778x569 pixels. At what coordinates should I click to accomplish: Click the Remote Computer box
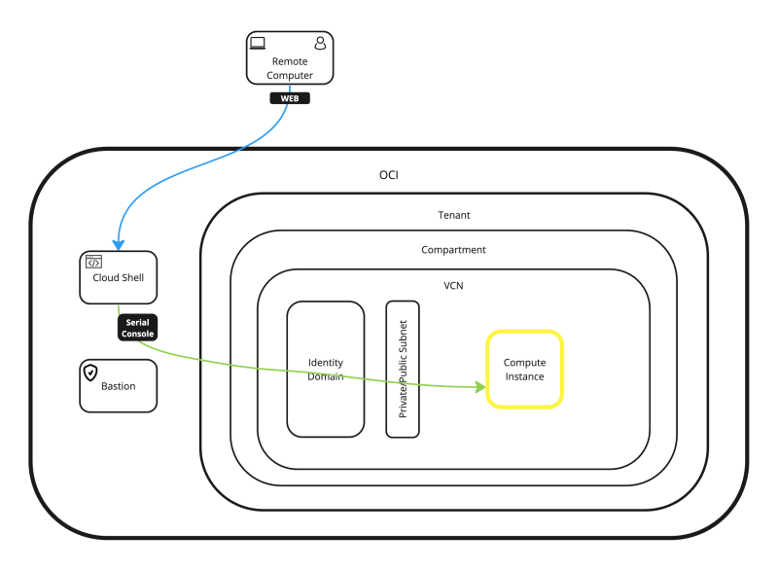pos(290,61)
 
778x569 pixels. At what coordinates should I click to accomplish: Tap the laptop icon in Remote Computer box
pos(258,43)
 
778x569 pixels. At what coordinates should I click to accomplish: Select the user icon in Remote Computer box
pos(320,43)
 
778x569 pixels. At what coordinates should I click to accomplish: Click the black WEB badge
pos(290,98)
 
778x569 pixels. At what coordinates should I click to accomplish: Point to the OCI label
pos(388,175)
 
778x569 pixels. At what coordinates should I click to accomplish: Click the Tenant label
pos(454,215)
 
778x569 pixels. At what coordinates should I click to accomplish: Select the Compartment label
pos(453,250)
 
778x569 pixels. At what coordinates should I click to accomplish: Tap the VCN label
pos(453,287)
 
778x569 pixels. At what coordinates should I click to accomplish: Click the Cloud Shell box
pos(118,277)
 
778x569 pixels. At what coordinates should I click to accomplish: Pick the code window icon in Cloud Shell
pos(93,262)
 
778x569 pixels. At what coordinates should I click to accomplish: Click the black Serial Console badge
pos(137,328)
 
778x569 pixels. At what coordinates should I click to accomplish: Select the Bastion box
pos(118,385)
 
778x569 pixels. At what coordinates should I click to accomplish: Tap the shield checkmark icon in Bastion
pos(91,372)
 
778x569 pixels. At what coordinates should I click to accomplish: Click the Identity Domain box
pos(325,370)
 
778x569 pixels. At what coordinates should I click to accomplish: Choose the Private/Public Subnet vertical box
pos(403,370)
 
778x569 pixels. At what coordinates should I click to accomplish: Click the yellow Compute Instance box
pos(524,370)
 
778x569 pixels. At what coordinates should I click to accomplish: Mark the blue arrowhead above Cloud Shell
pos(118,244)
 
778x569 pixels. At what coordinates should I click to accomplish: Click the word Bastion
pos(119,386)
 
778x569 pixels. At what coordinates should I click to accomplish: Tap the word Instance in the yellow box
pos(524,376)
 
